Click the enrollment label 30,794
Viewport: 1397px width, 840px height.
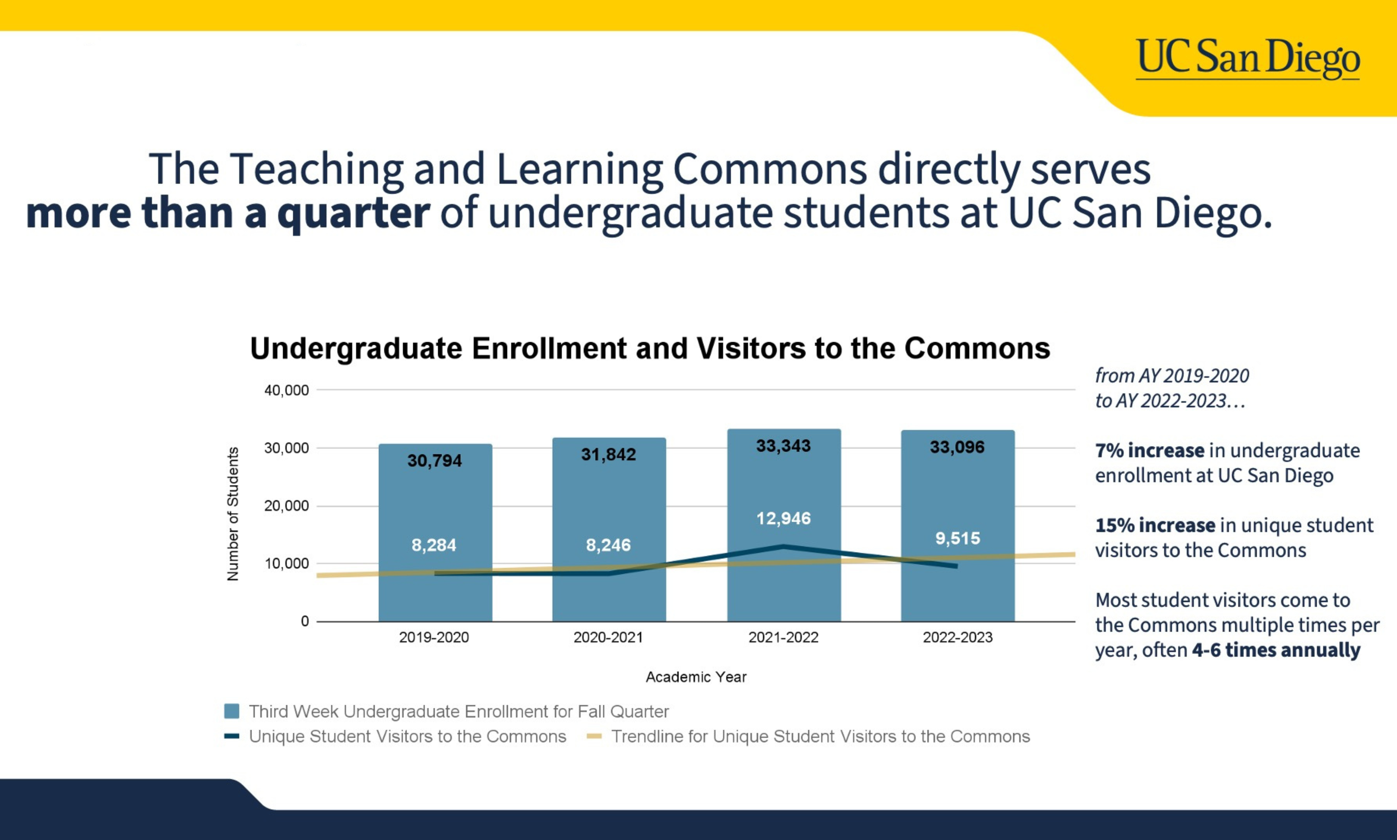pos(435,461)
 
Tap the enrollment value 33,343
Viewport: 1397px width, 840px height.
pos(783,446)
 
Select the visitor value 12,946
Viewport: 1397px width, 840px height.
pos(783,518)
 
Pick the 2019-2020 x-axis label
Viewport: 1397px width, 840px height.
pos(434,637)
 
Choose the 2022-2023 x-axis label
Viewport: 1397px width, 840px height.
pos(958,637)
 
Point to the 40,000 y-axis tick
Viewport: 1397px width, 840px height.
pos(286,390)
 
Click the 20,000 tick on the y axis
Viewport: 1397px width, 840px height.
pos(286,506)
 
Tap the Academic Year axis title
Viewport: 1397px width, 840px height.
pos(696,677)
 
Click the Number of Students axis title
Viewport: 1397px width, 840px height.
pos(233,514)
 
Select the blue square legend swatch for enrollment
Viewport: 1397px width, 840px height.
pos(232,711)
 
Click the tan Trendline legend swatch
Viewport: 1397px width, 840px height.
pos(594,737)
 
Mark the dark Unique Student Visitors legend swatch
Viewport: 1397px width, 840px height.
pos(232,737)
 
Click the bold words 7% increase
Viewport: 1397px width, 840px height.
pos(1150,451)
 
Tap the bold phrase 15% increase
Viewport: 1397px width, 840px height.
pos(1155,525)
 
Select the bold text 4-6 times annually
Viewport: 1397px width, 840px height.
pos(1276,650)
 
